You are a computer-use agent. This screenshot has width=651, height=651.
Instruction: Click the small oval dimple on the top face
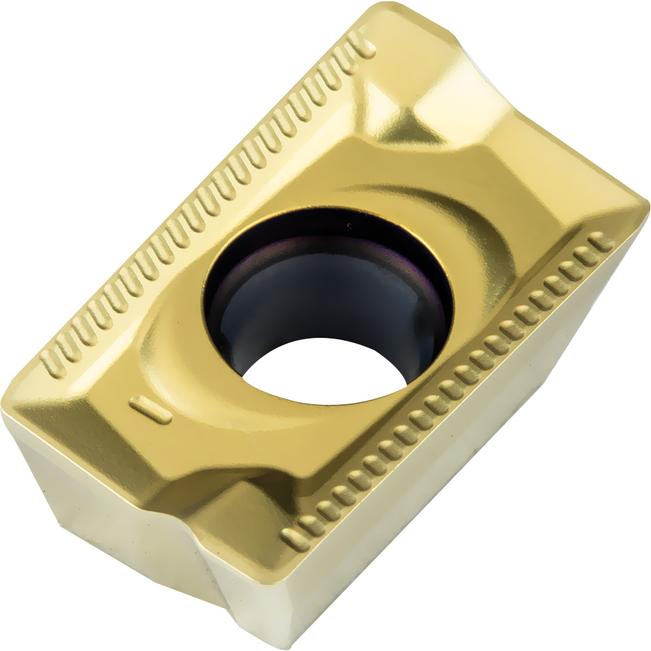pyautogui.click(x=151, y=408)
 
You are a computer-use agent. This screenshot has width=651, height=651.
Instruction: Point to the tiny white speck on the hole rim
pyautogui.click(x=350, y=227)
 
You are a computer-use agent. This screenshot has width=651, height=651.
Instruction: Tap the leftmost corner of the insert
pyautogui.click(x=5, y=417)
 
